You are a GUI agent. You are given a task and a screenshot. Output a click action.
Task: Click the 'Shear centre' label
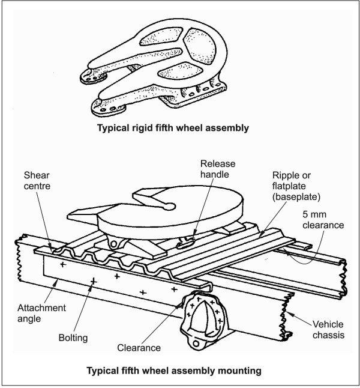37,181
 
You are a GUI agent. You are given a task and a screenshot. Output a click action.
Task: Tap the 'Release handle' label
218,169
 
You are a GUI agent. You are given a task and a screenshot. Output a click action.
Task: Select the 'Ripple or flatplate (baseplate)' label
296,186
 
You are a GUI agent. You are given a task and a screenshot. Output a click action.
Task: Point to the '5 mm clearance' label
323,220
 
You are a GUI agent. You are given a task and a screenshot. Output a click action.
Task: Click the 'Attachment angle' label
41,314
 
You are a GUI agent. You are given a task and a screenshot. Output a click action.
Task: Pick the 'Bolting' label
73,338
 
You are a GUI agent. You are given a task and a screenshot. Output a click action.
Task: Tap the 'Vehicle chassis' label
328,329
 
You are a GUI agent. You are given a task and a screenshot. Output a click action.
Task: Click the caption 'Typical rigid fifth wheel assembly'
173,128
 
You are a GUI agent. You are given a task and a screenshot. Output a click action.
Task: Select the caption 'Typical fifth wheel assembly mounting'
174,371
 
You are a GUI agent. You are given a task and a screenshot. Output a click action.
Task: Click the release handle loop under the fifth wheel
185,244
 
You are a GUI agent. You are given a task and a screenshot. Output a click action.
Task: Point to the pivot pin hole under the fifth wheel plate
113,244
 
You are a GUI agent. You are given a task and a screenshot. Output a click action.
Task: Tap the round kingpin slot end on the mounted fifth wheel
170,206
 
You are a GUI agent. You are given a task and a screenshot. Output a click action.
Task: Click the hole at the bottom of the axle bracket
196,344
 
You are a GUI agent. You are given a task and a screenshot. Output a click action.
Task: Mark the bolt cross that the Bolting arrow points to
94,281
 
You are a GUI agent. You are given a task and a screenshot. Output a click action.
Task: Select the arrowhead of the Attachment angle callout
56,282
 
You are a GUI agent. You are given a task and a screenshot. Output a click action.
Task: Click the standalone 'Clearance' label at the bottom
139,348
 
